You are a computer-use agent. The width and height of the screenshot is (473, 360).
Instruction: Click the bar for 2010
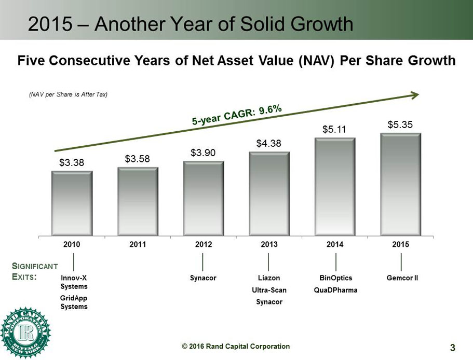pyautogui.click(x=72, y=203)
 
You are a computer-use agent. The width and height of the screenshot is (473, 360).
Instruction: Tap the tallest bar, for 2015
pyautogui.click(x=400, y=184)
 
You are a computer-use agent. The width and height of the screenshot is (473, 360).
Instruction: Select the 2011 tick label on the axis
pyautogui.click(x=138, y=244)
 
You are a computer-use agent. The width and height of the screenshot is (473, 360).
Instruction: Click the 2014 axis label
pyautogui.click(x=335, y=244)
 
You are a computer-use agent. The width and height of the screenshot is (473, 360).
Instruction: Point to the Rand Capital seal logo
pyautogui.click(x=25, y=333)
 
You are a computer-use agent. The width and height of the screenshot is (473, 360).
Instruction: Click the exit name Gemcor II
pyautogui.click(x=402, y=278)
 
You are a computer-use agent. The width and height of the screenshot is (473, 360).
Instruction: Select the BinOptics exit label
pyautogui.click(x=336, y=278)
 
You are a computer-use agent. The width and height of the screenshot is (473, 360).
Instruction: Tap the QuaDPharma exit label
pyautogui.click(x=336, y=290)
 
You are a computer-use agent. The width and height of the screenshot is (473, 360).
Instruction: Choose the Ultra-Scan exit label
pyautogui.click(x=269, y=290)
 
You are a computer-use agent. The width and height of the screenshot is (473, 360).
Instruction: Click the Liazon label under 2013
pyautogui.click(x=269, y=278)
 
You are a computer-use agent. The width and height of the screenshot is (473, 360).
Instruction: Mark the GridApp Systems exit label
pyautogui.click(x=74, y=302)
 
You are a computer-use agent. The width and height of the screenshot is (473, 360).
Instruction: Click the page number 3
pyautogui.click(x=452, y=347)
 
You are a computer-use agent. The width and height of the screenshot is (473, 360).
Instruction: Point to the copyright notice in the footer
pyautogui.click(x=235, y=347)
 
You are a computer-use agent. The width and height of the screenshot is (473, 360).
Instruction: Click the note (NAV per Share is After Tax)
pyautogui.click(x=68, y=94)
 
